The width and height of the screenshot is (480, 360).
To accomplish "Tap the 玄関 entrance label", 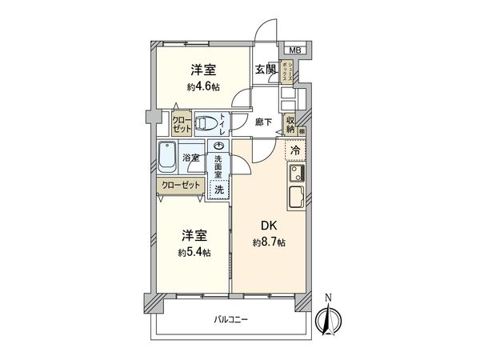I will [265, 69].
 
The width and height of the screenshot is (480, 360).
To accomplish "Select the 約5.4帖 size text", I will [195, 252].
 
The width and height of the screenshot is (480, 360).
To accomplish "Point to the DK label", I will [265, 226].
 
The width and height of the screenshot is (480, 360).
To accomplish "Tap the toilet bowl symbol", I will [207, 123].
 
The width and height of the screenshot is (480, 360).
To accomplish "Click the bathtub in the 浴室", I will [168, 157].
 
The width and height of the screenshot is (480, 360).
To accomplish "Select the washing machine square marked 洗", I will [218, 190].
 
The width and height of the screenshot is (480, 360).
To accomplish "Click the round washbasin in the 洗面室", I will [218, 146].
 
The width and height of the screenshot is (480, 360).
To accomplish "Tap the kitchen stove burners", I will [294, 173].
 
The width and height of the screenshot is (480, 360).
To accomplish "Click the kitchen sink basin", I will [294, 196].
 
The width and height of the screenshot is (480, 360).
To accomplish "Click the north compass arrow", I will [326, 317].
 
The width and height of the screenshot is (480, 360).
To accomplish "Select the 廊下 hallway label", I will [264, 122].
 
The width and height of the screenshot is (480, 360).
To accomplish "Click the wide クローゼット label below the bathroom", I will [180, 184].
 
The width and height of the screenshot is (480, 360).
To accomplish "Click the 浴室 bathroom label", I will [191, 158].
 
